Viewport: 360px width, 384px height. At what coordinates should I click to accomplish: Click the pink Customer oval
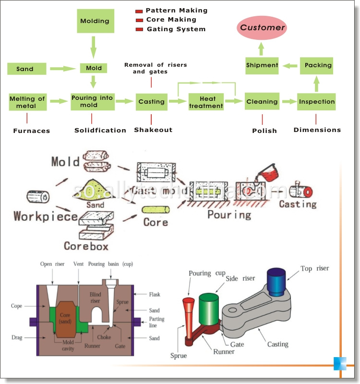[262, 27]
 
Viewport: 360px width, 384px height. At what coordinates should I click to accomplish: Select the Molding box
[95, 21]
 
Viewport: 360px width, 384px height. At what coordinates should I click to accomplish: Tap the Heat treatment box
[206, 102]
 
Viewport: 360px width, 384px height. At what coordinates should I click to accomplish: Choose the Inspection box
[316, 102]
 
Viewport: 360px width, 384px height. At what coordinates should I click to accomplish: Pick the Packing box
[316, 65]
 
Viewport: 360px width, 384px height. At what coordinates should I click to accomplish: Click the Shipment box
[262, 65]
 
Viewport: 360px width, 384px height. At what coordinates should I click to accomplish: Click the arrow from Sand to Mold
[63, 69]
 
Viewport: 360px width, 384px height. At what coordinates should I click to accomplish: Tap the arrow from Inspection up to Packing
[316, 84]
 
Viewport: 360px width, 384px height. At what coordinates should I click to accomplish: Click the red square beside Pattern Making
[139, 11]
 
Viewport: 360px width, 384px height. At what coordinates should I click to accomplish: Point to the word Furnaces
[32, 131]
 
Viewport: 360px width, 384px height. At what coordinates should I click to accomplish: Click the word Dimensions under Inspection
[317, 130]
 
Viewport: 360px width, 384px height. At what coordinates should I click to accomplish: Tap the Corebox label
[86, 246]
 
